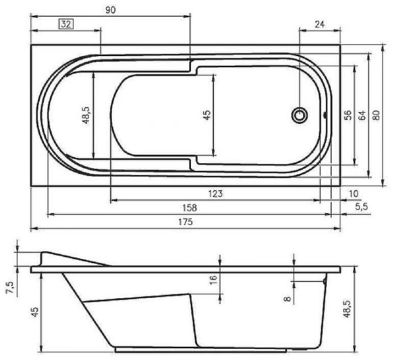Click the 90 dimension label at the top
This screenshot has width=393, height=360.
click(110, 9)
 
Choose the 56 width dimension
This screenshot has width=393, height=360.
click(348, 116)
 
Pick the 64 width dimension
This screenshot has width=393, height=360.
click(362, 116)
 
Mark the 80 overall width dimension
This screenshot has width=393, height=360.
click(376, 116)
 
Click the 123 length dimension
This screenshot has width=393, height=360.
click(216, 193)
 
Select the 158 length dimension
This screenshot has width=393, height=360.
click(190, 207)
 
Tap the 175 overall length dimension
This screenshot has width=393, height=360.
click(186, 222)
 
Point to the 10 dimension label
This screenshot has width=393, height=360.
click(353, 193)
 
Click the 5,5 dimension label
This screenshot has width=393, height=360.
click(362, 207)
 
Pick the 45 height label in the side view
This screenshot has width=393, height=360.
click(35, 312)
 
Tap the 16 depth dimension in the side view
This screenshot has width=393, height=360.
click(213, 280)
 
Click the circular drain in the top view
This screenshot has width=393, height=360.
click(300, 116)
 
